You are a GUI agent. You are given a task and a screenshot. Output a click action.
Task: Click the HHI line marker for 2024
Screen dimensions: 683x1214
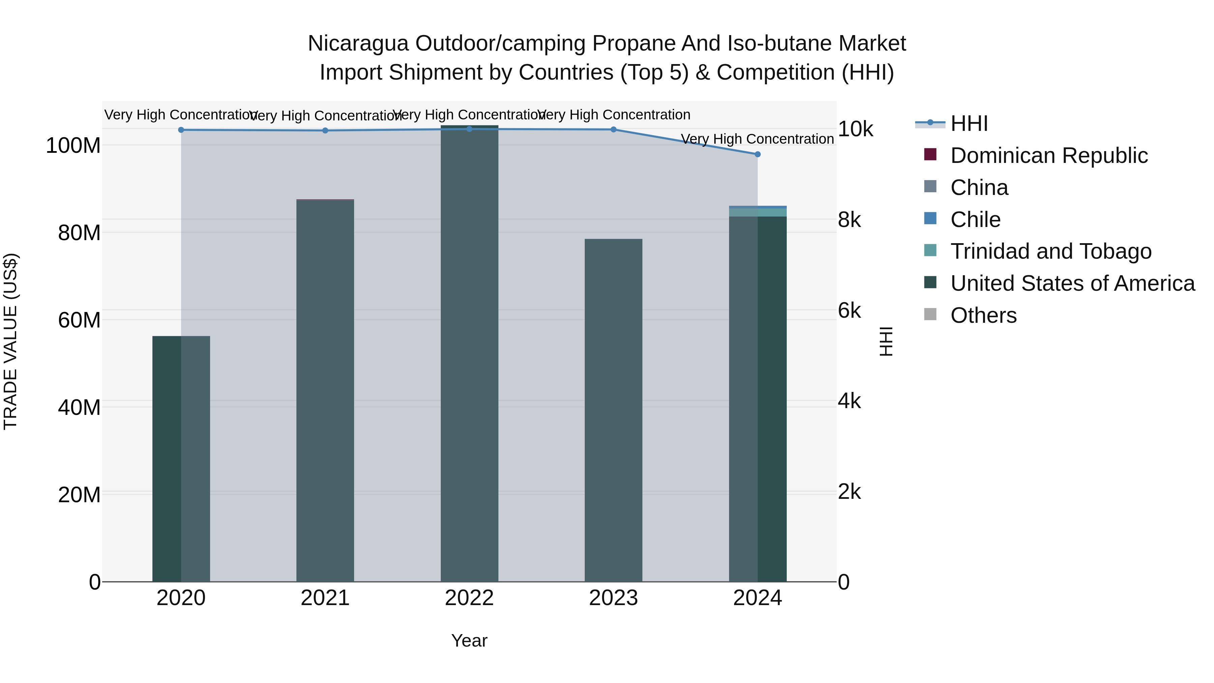[757, 154]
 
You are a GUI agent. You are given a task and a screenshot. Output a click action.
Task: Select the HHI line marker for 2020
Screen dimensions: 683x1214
[181, 130]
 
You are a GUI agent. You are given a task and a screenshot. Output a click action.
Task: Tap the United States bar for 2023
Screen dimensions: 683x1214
[613, 410]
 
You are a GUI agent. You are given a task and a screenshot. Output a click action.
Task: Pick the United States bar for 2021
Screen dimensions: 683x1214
[325, 391]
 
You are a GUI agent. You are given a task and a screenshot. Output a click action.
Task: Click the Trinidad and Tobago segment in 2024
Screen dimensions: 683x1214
[757, 212]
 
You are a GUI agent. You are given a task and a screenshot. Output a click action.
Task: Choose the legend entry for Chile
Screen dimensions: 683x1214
[975, 220]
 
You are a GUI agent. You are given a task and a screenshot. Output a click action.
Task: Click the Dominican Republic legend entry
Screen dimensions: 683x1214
[1048, 155]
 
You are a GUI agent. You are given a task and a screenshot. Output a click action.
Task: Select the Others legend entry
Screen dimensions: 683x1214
[983, 315]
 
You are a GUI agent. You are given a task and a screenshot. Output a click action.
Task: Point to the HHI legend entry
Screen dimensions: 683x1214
[969, 123]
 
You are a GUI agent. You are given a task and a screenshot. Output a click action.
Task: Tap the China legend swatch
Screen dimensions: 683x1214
[930, 187]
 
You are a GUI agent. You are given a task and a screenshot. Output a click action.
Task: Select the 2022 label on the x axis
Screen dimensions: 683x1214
[469, 598]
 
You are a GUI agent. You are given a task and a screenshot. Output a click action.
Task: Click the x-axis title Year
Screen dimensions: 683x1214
[469, 641]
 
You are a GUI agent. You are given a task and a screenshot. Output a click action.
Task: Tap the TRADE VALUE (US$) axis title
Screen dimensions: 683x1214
[10, 341]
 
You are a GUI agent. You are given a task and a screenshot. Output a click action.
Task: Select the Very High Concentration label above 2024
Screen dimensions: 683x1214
[757, 139]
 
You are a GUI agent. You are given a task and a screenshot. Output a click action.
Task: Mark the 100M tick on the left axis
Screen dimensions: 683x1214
[73, 146]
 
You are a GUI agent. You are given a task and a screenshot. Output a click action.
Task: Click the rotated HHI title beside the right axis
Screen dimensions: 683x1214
[886, 341]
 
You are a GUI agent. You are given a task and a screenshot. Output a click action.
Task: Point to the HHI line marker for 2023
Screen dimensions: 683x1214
[613, 129]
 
